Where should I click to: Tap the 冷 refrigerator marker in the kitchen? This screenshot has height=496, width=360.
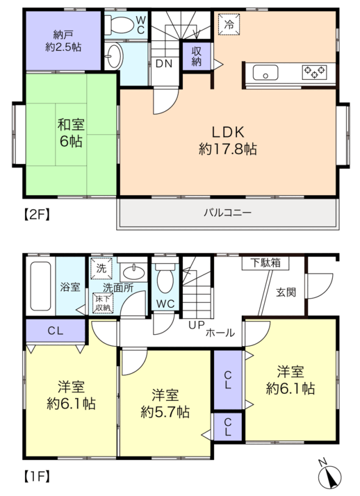tap(229, 24)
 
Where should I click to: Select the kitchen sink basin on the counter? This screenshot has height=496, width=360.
tap(265, 72)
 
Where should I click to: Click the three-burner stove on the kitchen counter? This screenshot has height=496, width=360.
tap(314, 72)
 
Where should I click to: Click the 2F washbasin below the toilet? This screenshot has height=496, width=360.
tap(113, 56)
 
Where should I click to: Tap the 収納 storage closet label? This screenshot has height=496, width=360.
tap(197, 56)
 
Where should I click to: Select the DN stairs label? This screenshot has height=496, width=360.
tap(164, 64)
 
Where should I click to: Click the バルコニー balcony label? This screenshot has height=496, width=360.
tap(227, 213)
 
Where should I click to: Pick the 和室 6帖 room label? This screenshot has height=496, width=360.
tap(71, 133)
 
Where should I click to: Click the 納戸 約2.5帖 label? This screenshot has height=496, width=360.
tap(63, 41)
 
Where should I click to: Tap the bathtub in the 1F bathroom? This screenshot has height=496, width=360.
tap(40, 286)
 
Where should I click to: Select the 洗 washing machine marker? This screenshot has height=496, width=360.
tap(101, 269)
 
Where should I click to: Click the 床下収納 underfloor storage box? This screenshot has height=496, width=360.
tap(103, 303)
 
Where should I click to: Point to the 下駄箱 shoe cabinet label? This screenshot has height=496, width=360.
tap(265, 263)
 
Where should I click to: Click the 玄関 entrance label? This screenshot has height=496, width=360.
tap(286, 292)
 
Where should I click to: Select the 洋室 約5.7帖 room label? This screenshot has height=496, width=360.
tap(165, 404)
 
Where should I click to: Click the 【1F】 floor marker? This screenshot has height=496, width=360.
tap(38, 476)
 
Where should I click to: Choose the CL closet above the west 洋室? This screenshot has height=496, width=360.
tap(56, 331)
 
